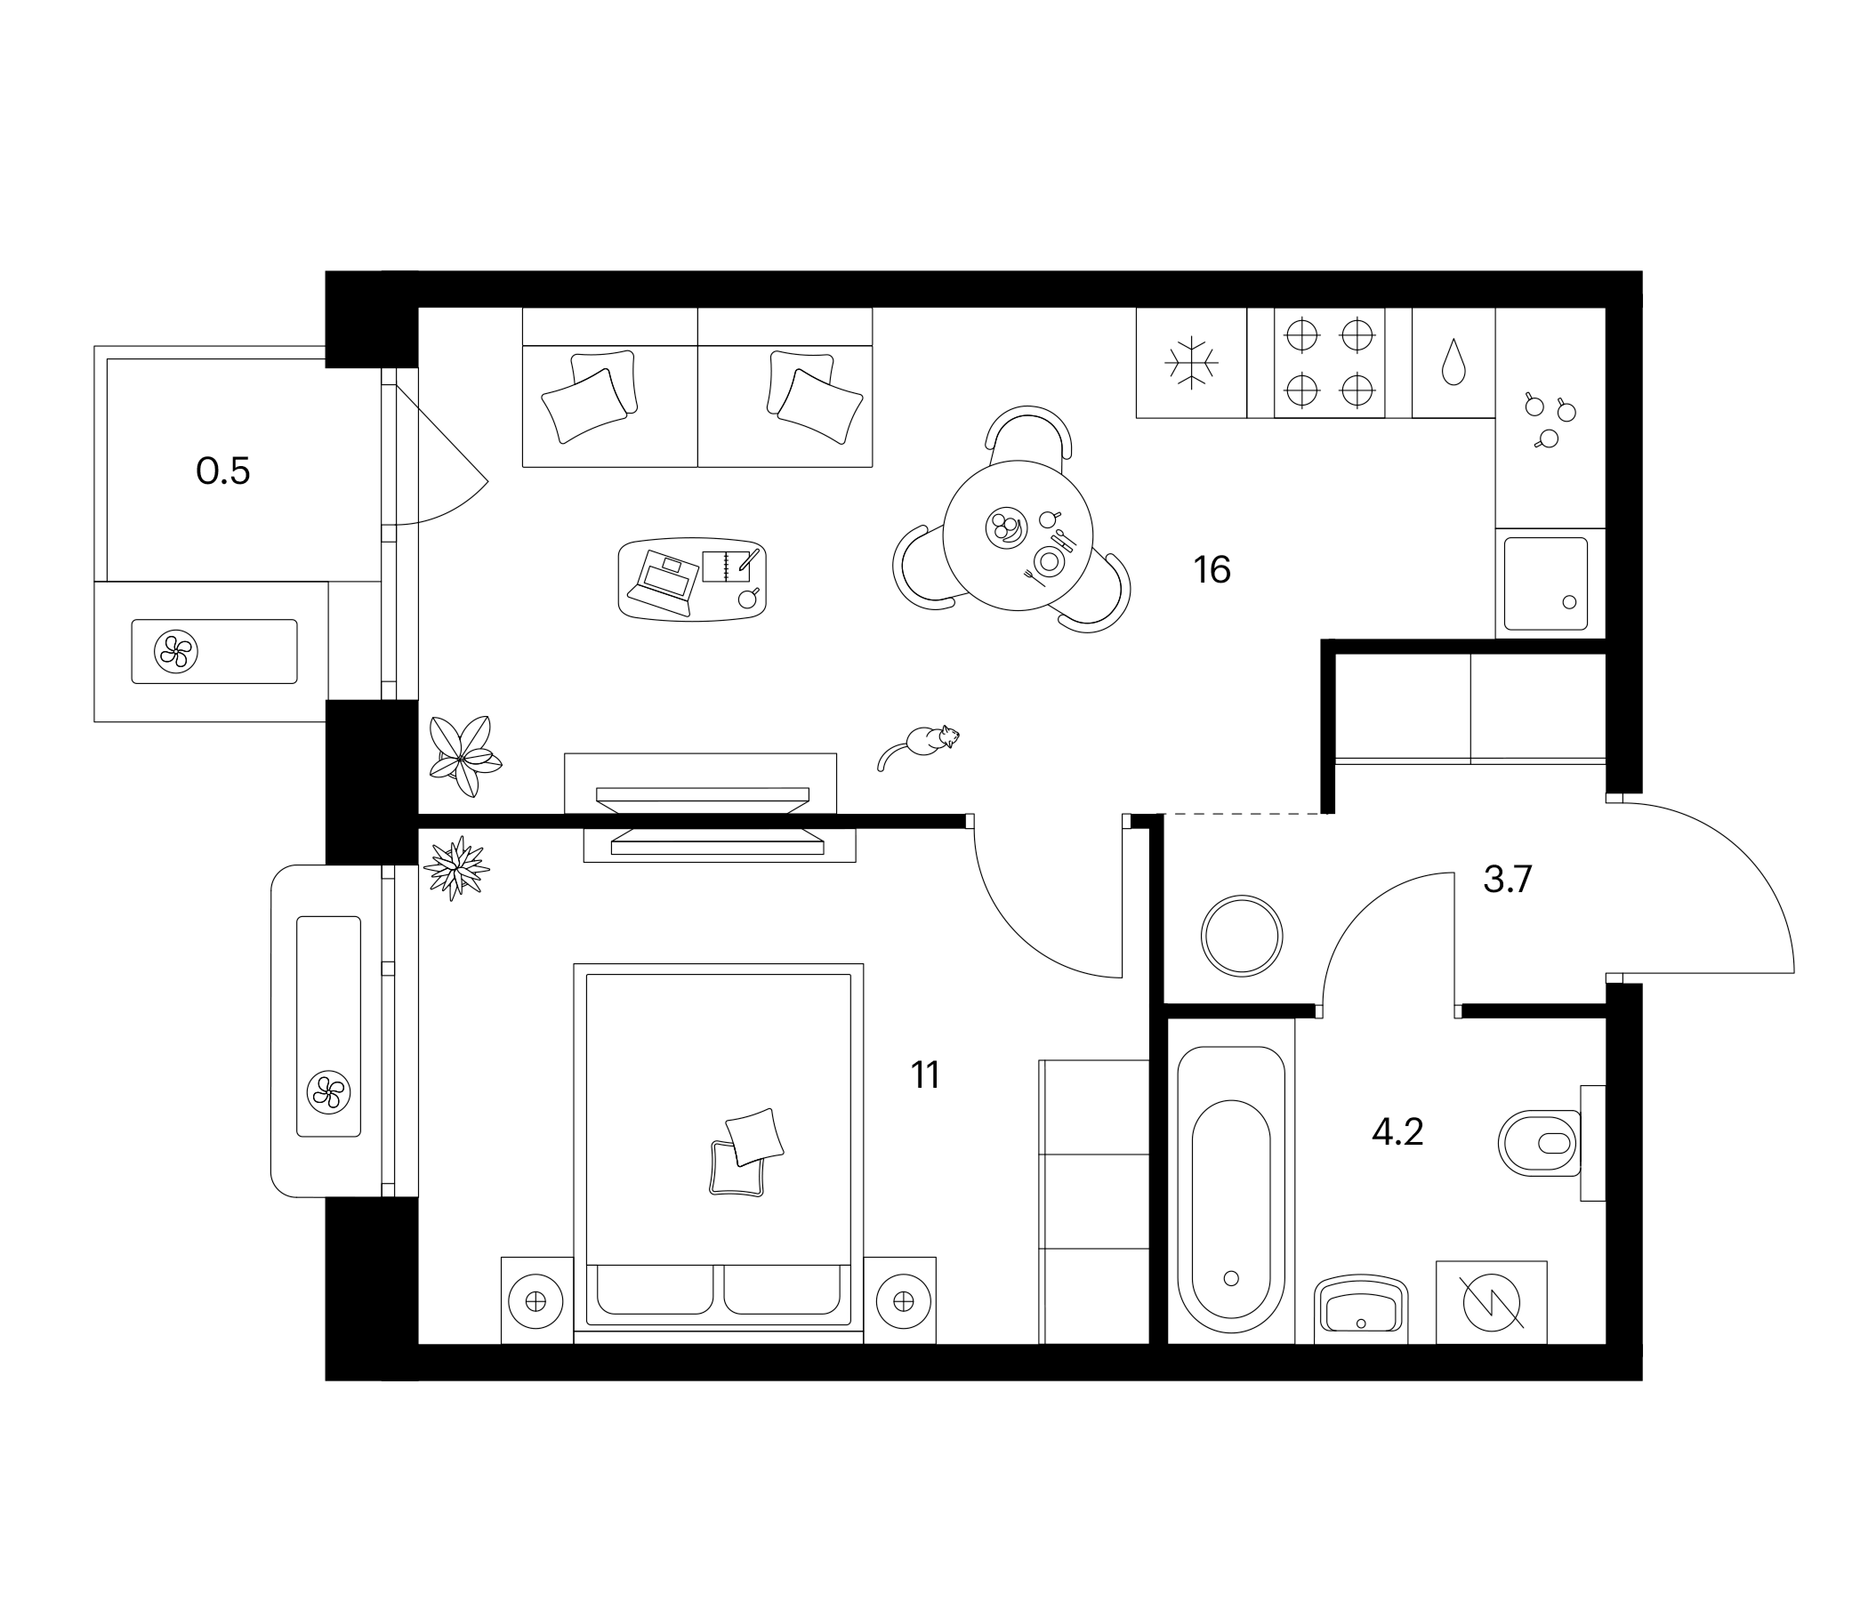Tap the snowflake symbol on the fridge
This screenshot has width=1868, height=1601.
pos(1191,363)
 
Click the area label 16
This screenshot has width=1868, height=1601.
pos(1212,571)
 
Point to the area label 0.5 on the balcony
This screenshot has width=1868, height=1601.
pos(222,471)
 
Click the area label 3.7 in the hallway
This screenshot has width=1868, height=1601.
pos(1508,879)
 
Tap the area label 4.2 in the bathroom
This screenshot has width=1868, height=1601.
pos(1397,1132)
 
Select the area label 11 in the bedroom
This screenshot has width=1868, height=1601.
pos(925,1075)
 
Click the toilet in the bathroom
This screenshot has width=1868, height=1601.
pos(1540,1143)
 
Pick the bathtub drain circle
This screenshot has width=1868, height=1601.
pos(1230,1278)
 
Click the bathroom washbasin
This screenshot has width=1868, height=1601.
pos(1361,1307)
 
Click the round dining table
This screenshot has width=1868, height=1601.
pos(1017,535)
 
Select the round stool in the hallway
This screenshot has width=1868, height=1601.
pos(1242,936)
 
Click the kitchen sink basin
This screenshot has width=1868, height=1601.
pos(1545,583)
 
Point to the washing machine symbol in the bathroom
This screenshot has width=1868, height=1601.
pos(1491,1303)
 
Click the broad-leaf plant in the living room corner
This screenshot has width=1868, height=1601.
pos(463,755)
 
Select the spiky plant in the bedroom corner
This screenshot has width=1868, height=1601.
pos(456,868)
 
